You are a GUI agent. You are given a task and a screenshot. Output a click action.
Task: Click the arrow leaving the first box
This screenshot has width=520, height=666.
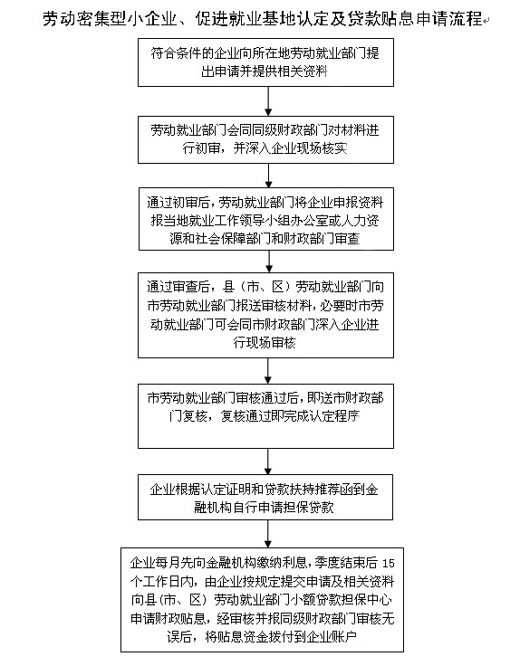(x=268, y=101)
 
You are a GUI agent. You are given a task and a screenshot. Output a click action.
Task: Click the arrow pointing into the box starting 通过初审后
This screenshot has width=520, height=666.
(x=268, y=176)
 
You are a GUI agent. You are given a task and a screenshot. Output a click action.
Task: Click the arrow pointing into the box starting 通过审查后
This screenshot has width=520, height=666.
(x=269, y=262)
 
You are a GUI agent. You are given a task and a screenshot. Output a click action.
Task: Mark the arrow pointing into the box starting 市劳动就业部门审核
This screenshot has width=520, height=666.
(x=268, y=371)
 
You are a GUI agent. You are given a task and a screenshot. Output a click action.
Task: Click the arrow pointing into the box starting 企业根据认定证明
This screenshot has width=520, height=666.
(x=268, y=461)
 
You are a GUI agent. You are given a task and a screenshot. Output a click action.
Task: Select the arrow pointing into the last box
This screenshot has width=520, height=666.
(x=268, y=534)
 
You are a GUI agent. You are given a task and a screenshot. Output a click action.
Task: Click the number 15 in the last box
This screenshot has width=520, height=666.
(x=389, y=564)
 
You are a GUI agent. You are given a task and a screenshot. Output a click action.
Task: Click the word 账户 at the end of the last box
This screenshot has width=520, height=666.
(x=344, y=637)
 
